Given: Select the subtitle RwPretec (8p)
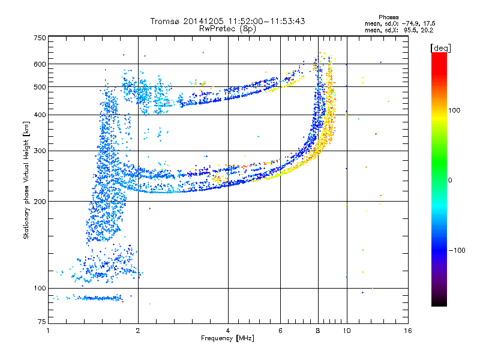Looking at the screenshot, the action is (227, 29).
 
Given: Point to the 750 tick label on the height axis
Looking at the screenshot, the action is (40, 38).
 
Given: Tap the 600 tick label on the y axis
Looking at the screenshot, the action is (40, 64).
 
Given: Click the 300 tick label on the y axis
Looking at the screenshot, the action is (40, 151).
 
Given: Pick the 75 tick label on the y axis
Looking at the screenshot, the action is (42, 322).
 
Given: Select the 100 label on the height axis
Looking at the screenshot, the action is (40, 289).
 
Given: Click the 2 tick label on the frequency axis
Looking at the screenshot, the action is (138, 331).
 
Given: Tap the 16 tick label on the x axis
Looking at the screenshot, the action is (408, 331).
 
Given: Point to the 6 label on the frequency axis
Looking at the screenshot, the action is (280, 331).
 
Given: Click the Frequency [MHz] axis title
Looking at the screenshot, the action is (227, 338).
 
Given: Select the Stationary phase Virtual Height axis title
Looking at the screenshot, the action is (26, 181).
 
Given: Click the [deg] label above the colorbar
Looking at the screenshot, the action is (440, 48).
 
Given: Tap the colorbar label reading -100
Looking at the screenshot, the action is (457, 250).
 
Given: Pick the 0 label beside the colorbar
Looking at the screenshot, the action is (450, 181).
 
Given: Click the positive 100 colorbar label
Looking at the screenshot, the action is (454, 110).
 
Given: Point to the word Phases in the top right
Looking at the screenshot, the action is (388, 17).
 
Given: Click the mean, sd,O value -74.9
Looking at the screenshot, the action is (410, 23).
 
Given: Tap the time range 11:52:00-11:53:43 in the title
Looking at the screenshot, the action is (266, 21).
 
